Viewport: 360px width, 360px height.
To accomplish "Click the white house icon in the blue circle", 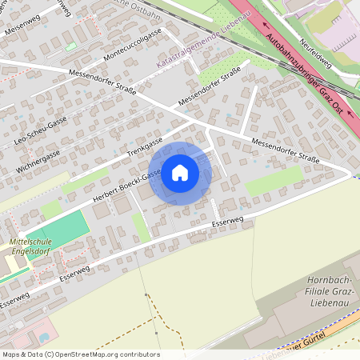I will (180, 172).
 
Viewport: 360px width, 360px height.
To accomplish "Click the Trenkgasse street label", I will (144, 146).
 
